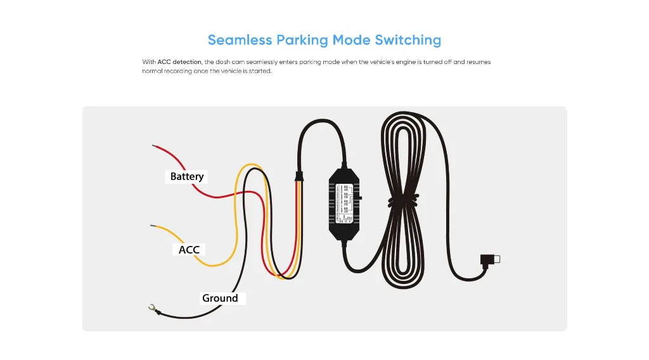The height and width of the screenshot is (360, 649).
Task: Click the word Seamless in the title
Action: pos(239,40)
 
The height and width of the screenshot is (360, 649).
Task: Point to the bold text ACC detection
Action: pos(179,62)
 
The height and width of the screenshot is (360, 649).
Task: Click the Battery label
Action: pos(187,176)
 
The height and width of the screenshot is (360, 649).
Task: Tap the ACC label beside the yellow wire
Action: pos(189,250)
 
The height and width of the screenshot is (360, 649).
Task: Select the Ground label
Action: pos(220,298)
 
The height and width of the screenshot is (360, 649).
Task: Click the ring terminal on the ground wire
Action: pos(151,309)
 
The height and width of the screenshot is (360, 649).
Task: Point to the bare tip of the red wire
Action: pos(154,146)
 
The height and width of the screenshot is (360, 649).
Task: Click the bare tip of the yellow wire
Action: pos(152,225)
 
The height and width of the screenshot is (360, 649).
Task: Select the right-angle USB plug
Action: pos(490,259)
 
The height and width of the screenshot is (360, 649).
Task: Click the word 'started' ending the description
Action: pos(260,71)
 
